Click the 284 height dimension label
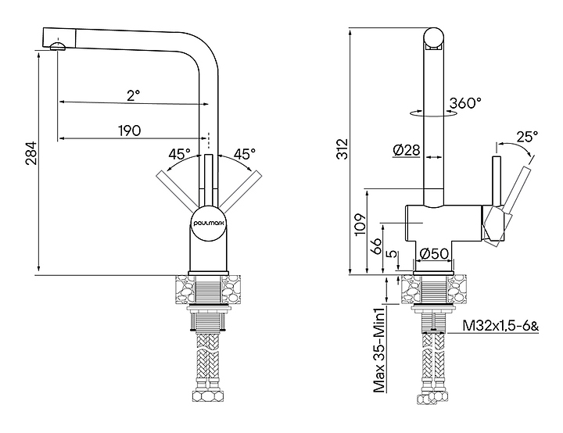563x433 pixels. coord(31,153)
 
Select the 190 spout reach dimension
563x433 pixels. coord(130,131)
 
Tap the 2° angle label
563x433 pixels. coord(133,95)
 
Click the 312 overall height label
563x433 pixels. coord(343,149)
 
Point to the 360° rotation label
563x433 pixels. coord(465,103)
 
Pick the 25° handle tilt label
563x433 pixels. coord(528,137)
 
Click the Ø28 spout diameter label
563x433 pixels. coord(406,150)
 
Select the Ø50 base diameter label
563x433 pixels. coord(434,254)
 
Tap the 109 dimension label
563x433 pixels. coord(360,224)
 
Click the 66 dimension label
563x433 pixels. coord(377,246)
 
